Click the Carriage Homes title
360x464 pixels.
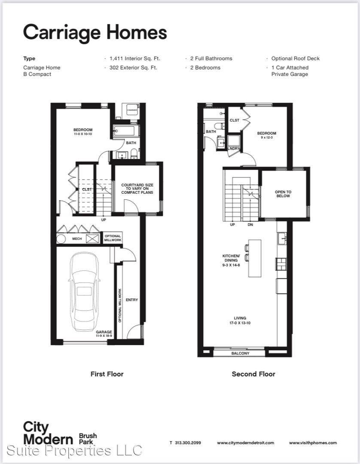(95, 33)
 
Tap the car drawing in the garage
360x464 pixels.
(84, 292)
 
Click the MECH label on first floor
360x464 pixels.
(77, 238)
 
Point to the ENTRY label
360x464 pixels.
(132, 300)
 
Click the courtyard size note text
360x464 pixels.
(137, 189)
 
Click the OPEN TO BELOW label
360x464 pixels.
(283, 194)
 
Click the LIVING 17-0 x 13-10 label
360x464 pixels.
(240, 321)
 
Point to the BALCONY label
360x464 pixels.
(240, 353)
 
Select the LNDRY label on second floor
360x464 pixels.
(233, 149)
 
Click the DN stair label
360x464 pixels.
(250, 225)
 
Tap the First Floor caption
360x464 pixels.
(107, 374)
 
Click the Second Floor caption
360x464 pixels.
(253, 374)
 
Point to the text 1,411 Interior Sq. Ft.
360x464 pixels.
(134, 58)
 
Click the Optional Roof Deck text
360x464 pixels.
(295, 58)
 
